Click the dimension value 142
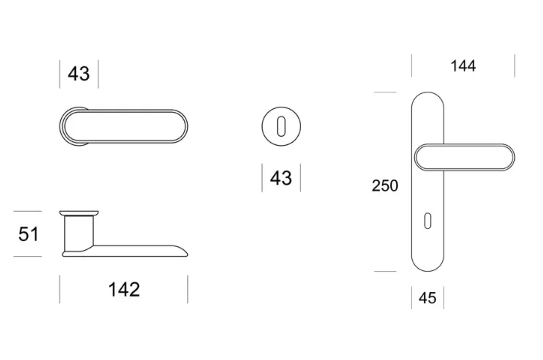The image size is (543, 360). [124, 289]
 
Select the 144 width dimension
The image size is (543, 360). [463, 66]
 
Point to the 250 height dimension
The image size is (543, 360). [385, 186]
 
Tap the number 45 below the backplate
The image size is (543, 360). [427, 298]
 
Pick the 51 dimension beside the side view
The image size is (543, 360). [28, 234]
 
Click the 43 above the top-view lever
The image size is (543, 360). [79, 74]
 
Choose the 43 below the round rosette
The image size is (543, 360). [281, 178]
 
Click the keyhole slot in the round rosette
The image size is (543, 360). [281, 127]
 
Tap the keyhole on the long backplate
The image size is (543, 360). [427, 221]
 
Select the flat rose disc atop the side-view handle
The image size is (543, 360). [79, 213]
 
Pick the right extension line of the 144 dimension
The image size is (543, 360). [514, 66]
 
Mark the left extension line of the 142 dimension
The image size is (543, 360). [60, 289]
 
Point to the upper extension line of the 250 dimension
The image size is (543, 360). [385, 92]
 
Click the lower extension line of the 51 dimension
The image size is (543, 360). [28, 256]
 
